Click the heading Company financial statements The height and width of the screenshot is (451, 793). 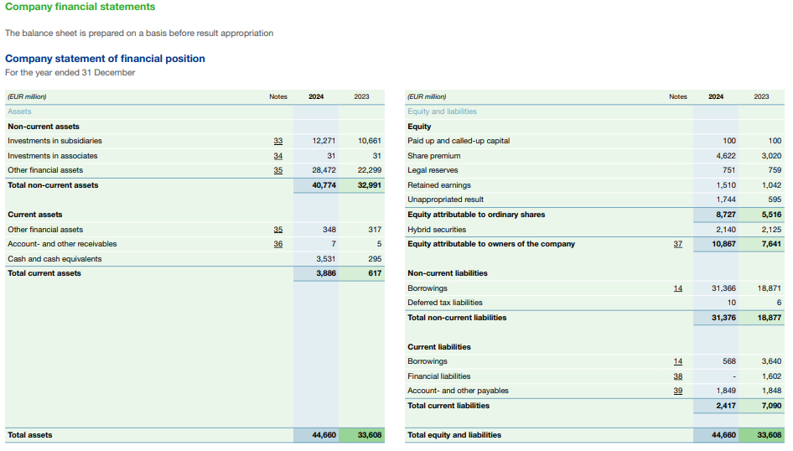tap(80, 7)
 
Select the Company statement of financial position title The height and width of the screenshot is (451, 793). tap(105, 59)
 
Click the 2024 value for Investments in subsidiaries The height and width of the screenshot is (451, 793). tap(324, 141)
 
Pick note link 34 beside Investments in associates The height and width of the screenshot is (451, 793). tap(278, 156)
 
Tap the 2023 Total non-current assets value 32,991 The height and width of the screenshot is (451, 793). tap(369, 185)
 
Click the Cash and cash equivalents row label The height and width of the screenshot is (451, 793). tap(54, 259)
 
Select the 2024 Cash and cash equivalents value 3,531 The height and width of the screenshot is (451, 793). tap(324, 259)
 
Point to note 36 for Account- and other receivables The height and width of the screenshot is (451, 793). tap(278, 244)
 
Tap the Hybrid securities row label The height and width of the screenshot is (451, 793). tap(437, 230)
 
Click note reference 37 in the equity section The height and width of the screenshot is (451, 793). tap(678, 244)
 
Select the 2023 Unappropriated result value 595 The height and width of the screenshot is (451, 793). tap(773, 200)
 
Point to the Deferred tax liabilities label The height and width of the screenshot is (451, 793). tap(445, 303)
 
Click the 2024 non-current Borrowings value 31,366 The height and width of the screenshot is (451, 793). tap(723, 288)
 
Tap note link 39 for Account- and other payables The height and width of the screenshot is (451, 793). tap(678, 391)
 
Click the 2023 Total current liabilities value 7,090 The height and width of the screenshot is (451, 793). tap(769, 406)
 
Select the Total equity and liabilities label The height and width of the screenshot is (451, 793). tap(454, 435)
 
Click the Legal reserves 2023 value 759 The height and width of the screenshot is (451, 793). tap(773, 170)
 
